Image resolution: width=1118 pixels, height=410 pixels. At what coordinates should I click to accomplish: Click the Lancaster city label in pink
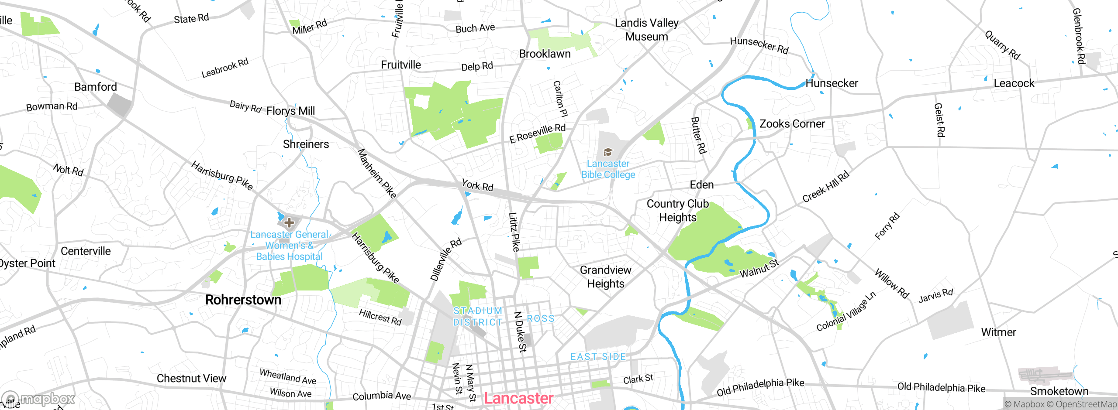tap(518, 398)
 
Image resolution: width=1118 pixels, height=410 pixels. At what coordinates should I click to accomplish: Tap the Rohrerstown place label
tap(243, 300)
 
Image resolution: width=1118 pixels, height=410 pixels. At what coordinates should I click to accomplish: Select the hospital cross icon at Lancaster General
tap(289, 223)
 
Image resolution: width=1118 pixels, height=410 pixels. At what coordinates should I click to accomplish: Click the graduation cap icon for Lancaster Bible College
tap(607, 152)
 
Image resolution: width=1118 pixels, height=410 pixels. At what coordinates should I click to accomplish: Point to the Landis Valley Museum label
tap(646, 30)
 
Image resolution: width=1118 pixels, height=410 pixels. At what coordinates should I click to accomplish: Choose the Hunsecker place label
tap(832, 83)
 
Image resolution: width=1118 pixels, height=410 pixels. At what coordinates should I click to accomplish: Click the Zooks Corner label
tap(792, 124)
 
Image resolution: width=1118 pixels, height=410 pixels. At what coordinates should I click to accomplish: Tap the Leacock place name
tap(1014, 83)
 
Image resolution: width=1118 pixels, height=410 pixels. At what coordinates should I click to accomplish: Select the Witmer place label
tap(998, 332)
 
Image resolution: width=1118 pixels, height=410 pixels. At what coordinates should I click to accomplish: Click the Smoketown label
tap(1059, 391)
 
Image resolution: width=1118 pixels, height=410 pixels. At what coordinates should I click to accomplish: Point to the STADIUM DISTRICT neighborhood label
tap(478, 317)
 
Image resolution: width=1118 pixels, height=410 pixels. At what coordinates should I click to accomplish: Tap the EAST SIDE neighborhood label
tap(598, 357)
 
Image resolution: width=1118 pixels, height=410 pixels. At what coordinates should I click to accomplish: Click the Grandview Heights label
tap(605, 277)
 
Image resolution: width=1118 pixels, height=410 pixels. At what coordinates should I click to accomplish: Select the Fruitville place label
tap(401, 65)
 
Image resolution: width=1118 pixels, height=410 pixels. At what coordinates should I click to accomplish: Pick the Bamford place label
tap(96, 87)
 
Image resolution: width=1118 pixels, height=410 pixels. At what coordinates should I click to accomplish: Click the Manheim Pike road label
tap(377, 174)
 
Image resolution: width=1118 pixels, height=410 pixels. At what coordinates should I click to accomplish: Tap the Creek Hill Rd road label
tap(826, 187)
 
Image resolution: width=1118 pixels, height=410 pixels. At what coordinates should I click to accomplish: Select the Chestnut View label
tap(191, 379)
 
